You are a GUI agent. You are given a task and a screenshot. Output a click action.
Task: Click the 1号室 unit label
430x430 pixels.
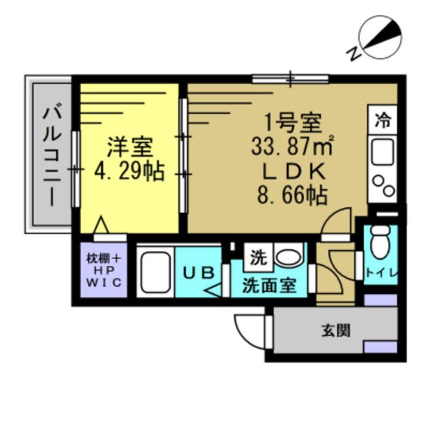tap(294, 124)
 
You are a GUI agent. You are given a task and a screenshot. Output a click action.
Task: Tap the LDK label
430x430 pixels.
tap(294, 172)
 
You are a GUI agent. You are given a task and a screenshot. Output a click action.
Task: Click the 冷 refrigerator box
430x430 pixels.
tap(382, 120)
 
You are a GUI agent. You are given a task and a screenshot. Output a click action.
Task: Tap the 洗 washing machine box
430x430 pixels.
tap(257, 259)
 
